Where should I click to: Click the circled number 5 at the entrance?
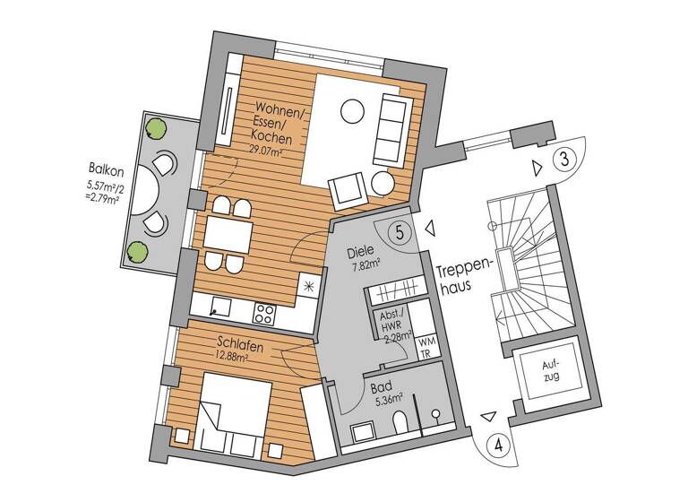pyautogui.click(x=400, y=231)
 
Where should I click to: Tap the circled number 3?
pyautogui.click(x=563, y=161)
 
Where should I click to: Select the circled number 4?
pyautogui.click(x=497, y=444)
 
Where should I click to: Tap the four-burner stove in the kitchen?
pyautogui.click(x=264, y=313)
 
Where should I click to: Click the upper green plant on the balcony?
pyautogui.click(x=158, y=128)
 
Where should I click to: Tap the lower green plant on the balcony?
pyautogui.click(x=137, y=251)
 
